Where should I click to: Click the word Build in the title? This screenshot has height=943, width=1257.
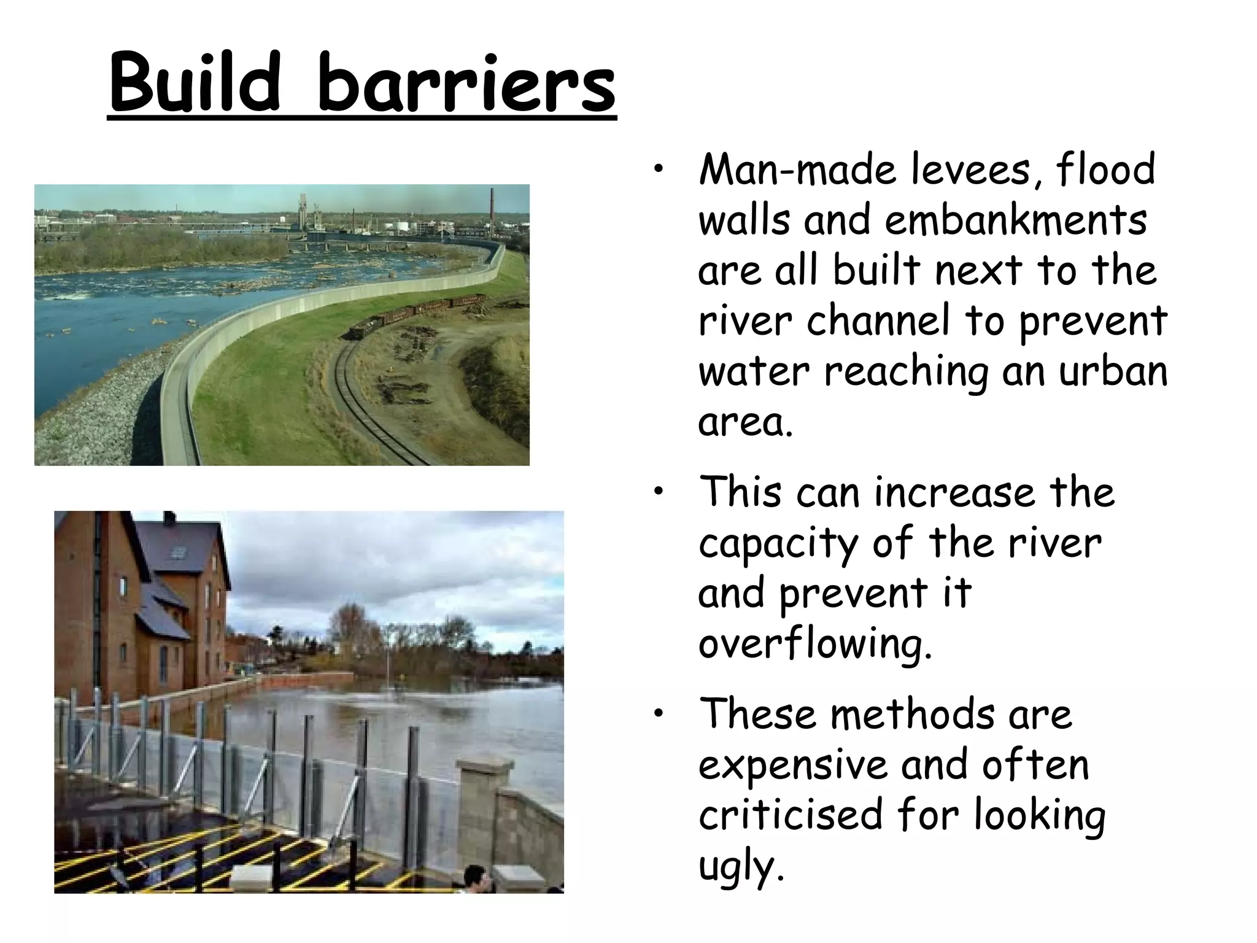click(x=195, y=83)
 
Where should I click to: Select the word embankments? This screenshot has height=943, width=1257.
click(x=1015, y=220)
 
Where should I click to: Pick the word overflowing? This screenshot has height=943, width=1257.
click(x=815, y=645)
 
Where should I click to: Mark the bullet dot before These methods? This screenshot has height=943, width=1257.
click(x=659, y=713)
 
